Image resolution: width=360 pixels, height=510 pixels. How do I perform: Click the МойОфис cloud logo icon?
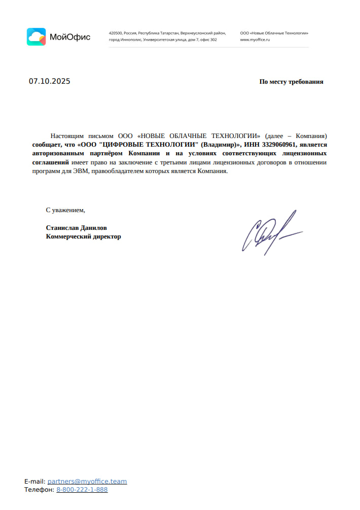point(36,37)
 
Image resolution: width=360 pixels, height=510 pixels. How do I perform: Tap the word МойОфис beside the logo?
point(70,37)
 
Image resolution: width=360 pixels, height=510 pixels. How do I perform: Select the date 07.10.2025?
point(49,81)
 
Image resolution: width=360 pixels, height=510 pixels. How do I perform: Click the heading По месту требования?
point(291,82)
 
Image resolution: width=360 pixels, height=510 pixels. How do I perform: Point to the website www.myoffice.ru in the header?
point(255,40)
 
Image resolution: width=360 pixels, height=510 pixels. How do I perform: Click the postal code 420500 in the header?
point(116,33)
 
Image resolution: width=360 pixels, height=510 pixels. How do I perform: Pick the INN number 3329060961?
point(279,144)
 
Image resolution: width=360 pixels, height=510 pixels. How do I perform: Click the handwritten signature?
point(271,232)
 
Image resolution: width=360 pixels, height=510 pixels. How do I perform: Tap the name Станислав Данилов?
point(76,228)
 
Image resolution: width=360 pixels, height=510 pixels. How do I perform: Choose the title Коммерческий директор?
point(83,236)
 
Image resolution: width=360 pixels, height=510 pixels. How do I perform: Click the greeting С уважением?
point(65,210)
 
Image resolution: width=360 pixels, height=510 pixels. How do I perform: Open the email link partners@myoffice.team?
point(87,481)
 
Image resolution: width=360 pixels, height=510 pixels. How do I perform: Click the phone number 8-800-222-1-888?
point(82,490)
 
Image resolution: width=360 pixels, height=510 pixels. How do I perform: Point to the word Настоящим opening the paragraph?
point(68,136)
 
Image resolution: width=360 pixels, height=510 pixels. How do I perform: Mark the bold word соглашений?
point(51,162)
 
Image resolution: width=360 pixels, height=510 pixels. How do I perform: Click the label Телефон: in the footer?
point(39,490)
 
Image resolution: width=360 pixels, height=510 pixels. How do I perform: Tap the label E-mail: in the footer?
point(34,481)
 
